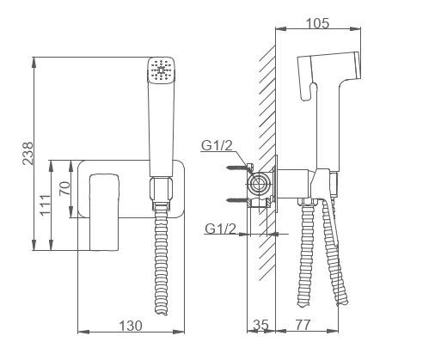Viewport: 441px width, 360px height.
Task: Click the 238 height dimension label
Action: (28, 153)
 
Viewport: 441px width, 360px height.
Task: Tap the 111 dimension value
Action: (45, 204)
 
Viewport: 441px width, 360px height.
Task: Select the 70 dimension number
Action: (64, 188)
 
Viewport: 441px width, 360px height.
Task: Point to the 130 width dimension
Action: (131, 326)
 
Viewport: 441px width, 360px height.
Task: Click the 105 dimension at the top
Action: (317, 23)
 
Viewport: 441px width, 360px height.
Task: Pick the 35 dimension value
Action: (261, 325)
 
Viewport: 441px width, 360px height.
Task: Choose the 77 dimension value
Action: (303, 325)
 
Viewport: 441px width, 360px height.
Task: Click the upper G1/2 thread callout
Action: (217, 145)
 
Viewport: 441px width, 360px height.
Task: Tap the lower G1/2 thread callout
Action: (220, 229)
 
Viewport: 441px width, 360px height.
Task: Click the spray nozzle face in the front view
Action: (161, 70)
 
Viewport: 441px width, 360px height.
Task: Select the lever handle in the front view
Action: (104, 212)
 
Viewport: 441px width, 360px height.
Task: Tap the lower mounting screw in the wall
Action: (237, 200)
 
